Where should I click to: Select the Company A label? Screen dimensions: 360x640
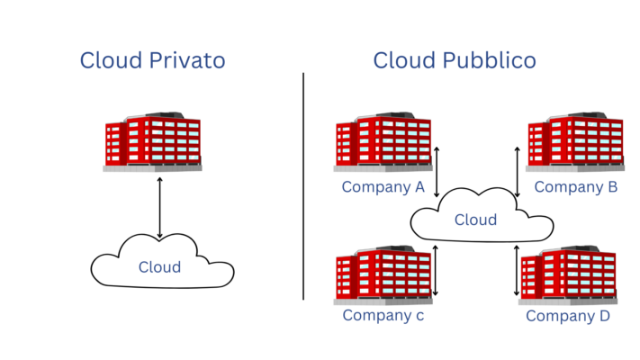coord(383,187)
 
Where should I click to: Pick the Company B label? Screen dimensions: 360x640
coord(576,187)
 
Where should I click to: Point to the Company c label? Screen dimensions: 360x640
coord(383,315)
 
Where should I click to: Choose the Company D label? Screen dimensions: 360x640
coord(568,316)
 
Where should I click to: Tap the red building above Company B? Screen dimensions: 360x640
coord(575,142)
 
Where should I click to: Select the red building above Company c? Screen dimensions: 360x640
coord(383,274)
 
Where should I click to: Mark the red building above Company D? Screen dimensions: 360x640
coord(569,274)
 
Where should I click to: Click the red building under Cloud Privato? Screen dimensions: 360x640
coord(152,142)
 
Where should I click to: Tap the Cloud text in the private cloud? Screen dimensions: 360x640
coord(159,267)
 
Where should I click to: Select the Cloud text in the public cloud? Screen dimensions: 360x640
coord(475,220)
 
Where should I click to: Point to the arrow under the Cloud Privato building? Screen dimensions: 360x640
coord(160,208)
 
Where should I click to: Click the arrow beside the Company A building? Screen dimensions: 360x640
coord(437,172)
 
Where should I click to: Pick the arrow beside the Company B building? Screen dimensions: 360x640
coord(517,172)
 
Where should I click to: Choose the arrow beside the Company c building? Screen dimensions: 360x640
coord(437,269)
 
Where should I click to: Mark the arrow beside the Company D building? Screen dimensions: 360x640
coord(517,269)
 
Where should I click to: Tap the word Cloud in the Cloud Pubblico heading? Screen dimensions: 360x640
coord(403,60)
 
